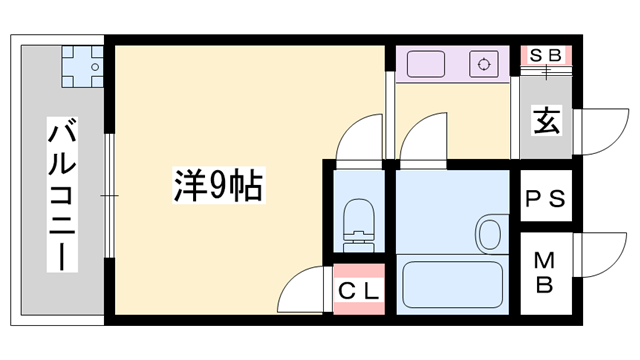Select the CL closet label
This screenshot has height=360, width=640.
[357, 293]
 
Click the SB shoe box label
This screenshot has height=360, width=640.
[546, 54]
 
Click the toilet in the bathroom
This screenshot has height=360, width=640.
[356, 225]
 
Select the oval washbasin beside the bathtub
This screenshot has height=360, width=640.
[489, 234]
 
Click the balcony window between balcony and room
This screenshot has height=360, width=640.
[111, 190]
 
